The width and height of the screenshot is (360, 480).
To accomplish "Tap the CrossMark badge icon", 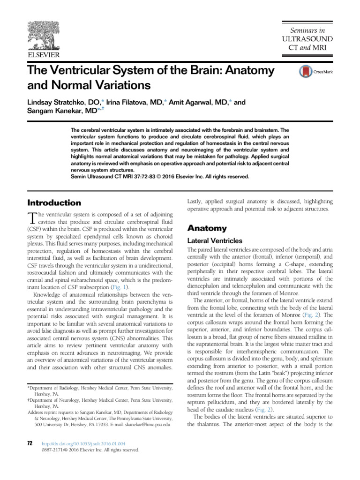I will [x=306, y=72].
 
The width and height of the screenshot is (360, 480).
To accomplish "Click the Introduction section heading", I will [x=54, y=203].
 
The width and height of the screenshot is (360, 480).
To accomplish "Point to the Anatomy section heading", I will [x=207, y=228].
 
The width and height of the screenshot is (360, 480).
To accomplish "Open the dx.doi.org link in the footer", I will [x=83, y=443].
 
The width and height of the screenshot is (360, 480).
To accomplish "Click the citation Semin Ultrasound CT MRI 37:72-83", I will [x=119, y=177].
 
